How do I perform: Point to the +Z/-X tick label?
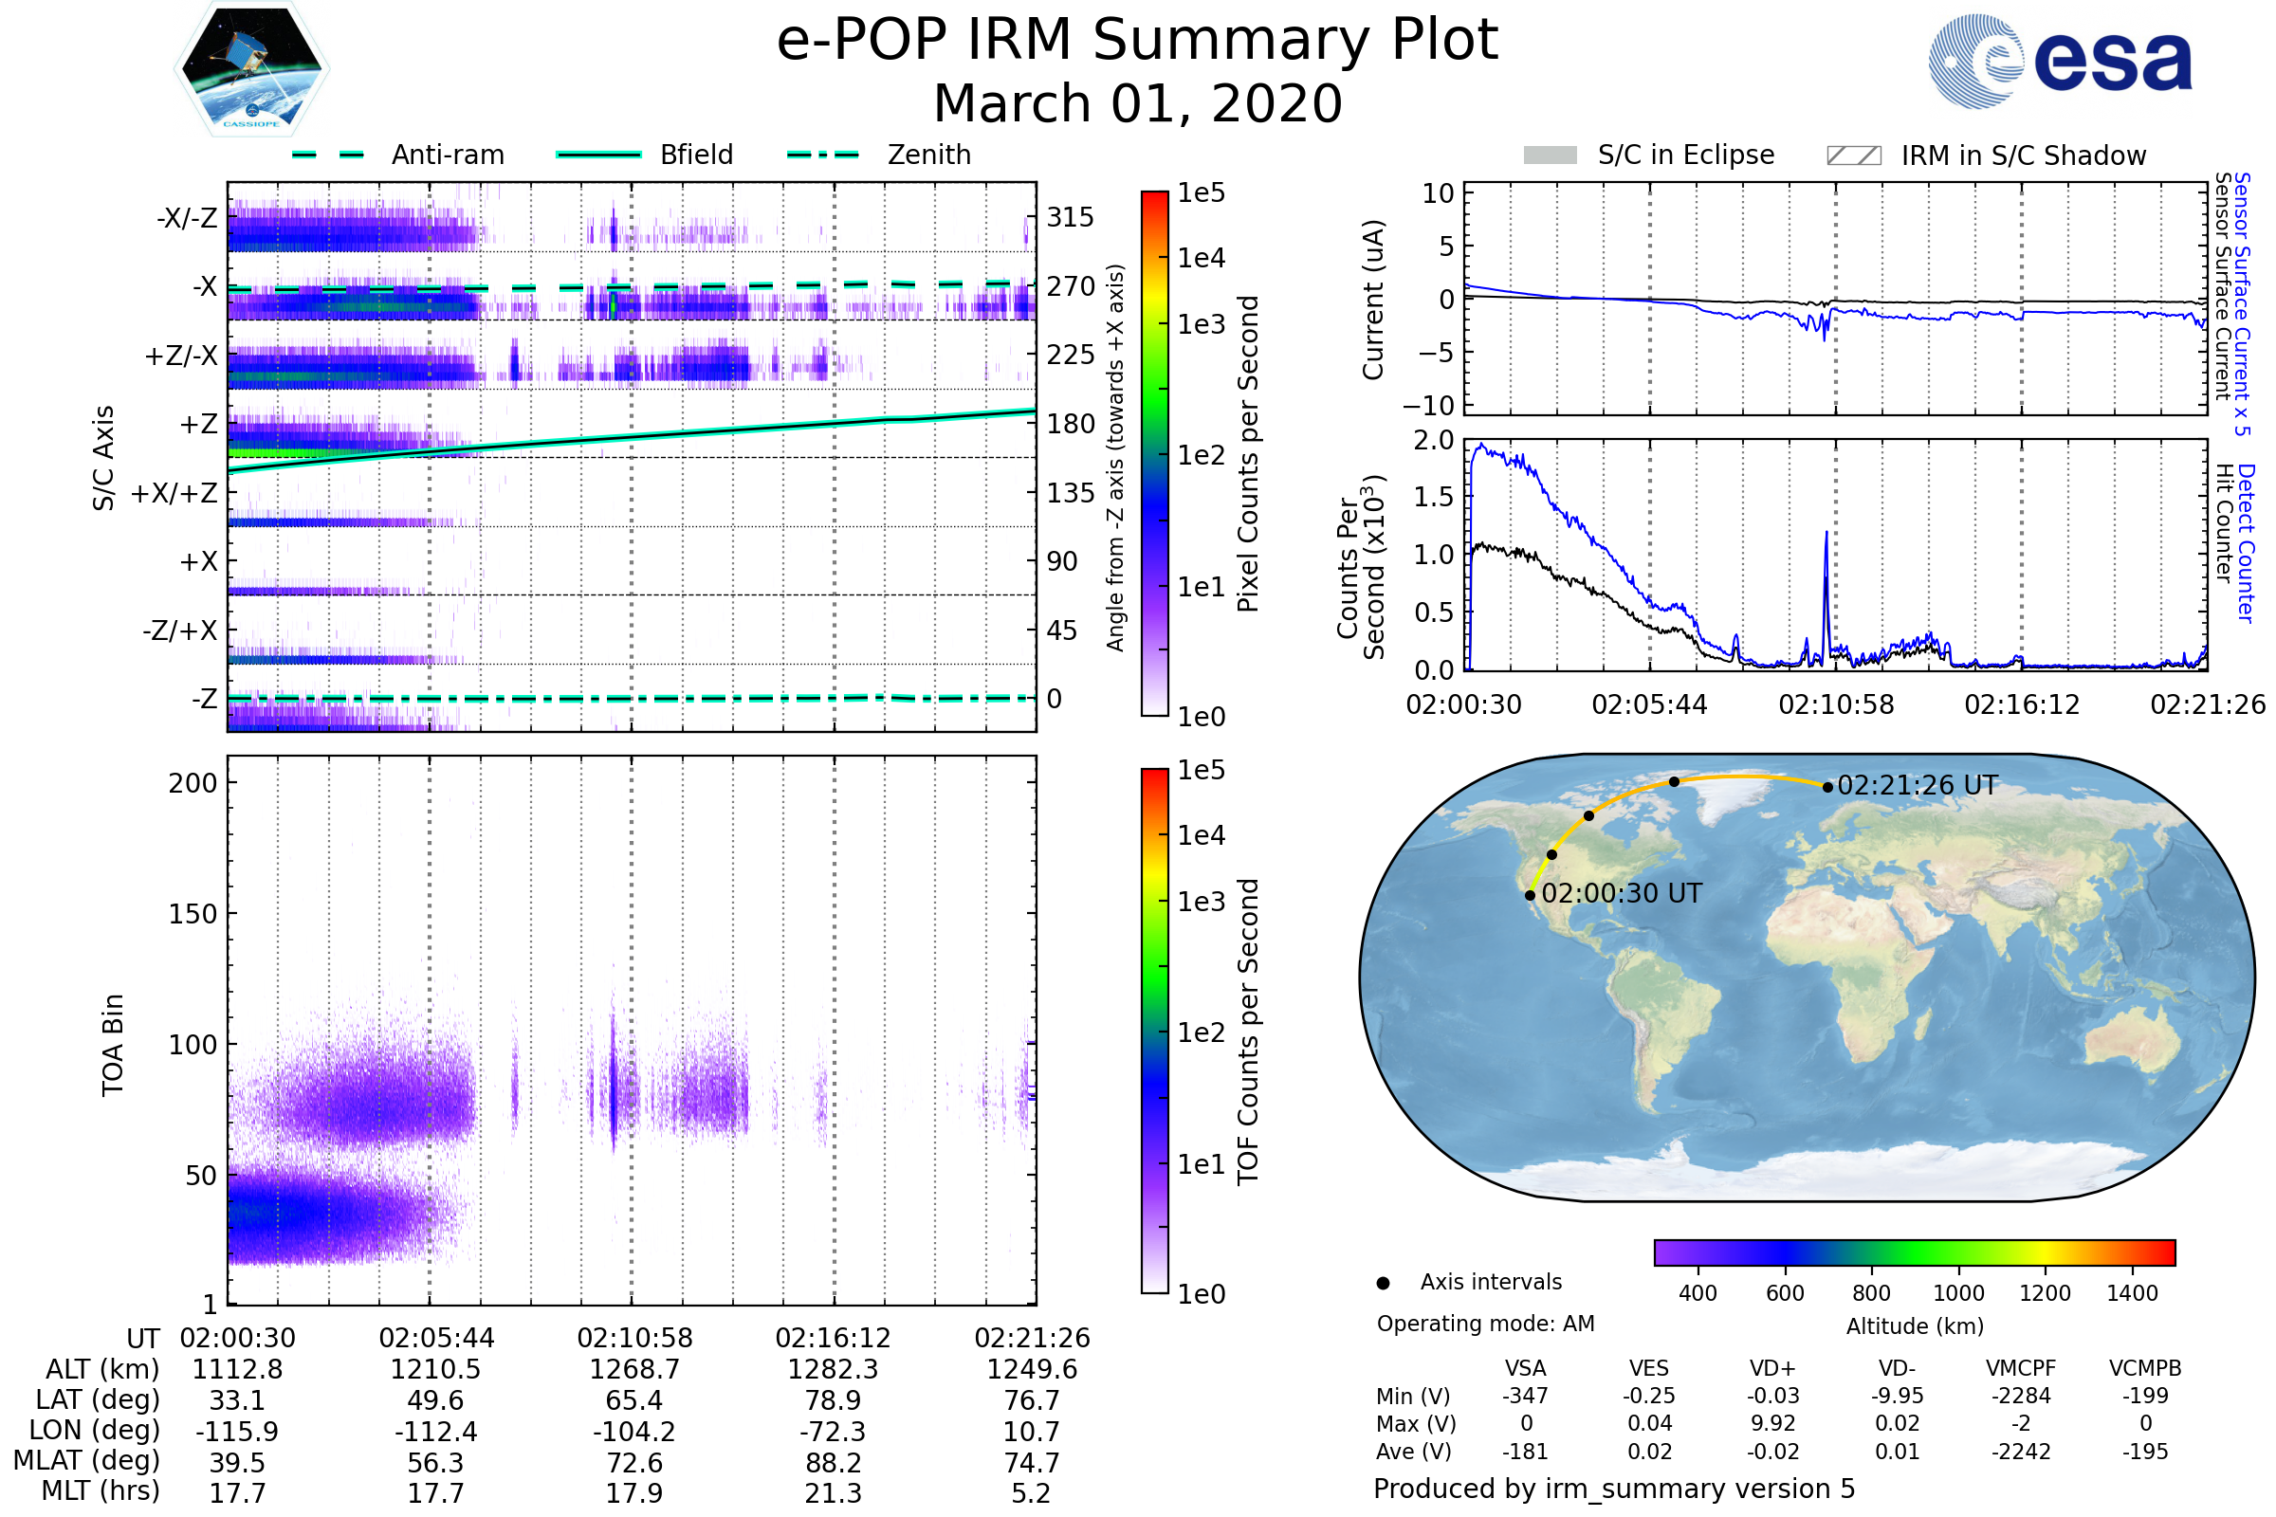pos(181,356)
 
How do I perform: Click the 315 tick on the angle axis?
pos(1071,217)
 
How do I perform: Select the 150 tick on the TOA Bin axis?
pos(193,914)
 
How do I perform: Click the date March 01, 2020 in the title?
pos(1138,103)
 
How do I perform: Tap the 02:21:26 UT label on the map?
pos(1917,786)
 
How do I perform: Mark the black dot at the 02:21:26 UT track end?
pos(1827,788)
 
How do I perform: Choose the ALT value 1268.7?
pos(634,1370)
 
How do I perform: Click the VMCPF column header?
pos(2021,1369)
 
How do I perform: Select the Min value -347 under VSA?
pos(1525,1396)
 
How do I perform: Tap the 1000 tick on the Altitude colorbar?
pos(1957,1293)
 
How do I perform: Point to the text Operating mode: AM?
pos(1485,1324)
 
